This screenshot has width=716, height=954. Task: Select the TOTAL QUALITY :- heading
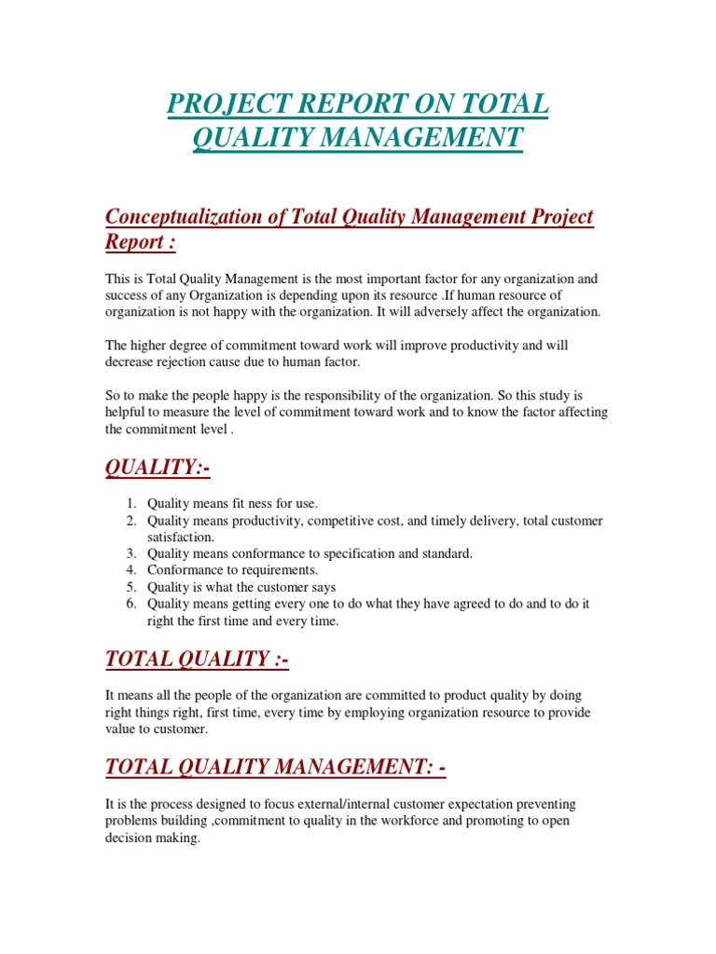pos(197,660)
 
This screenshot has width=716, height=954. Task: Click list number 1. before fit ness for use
pos(132,504)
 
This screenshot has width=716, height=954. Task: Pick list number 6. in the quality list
pos(132,605)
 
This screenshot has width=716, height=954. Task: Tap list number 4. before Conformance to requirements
pos(132,570)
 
